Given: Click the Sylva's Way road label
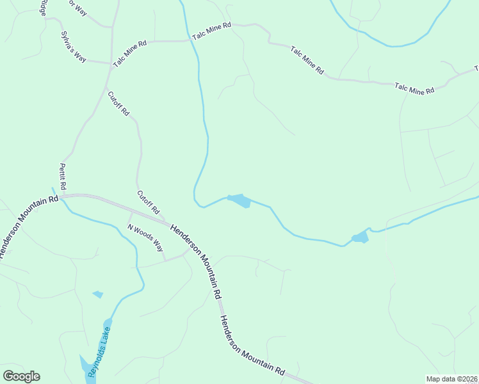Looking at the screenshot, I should (73, 46).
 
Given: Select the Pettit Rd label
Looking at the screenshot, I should (63, 176).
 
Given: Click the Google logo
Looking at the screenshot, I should (21, 376).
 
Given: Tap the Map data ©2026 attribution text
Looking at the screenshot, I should (452, 379).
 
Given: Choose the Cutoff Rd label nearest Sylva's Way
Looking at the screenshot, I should (118, 104).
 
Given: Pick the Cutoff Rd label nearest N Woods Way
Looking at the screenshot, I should (148, 202).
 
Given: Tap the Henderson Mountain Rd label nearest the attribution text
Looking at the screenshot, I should (252, 345).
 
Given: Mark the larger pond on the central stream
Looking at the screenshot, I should (239, 200).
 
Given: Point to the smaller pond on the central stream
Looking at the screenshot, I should (360, 237).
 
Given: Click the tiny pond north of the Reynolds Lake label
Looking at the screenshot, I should (98, 294).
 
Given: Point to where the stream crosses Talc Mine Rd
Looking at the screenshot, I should (191, 40).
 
